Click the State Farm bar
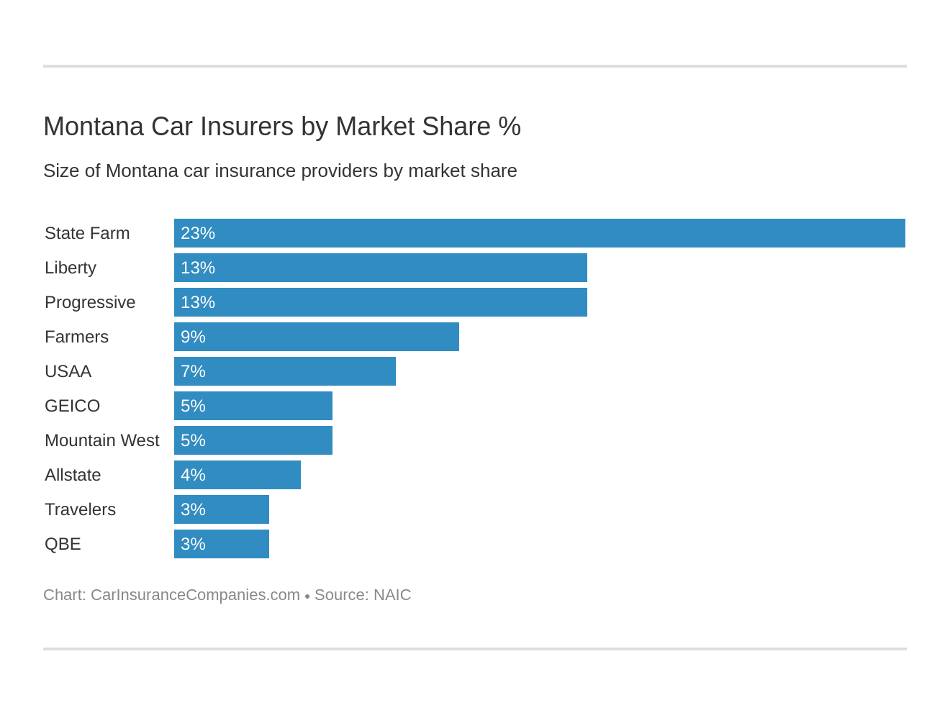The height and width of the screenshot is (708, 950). pyautogui.click(x=540, y=233)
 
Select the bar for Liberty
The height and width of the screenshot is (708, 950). pyautogui.click(x=381, y=268)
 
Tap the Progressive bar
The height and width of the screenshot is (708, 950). pyautogui.click(x=381, y=302)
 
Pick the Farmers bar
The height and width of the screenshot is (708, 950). pyautogui.click(x=317, y=337)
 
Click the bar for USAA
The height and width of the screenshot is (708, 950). pyautogui.click(x=285, y=371)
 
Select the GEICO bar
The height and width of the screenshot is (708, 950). pyautogui.click(x=253, y=406)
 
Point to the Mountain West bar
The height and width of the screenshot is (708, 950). pyautogui.click(x=253, y=440)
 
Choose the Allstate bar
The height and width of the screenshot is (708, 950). pyautogui.click(x=237, y=475)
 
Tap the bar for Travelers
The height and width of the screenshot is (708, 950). pyautogui.click(x=222, y=509)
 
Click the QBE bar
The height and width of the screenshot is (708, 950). pyautogui.click(x=222, y=544)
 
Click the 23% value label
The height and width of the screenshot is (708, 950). pyautogui.click(x=198, y=233)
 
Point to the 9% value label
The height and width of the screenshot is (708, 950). pyautogui.click(x=193, y=337)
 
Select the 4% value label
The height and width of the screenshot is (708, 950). pyautogui.click(x=193, y=475)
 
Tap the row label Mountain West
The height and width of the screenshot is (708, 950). pyautogui.click(x=101, y=440)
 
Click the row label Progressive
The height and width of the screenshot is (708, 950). pyautogui.click(x=90, y=302)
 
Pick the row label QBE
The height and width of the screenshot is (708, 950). pyautogui.click(x=63, y=544)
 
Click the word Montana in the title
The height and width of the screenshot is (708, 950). pyautogui.click(x=94, y=127)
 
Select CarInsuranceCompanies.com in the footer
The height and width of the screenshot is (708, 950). pyautogui.click(x=195, y=595)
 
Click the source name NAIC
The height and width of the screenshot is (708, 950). pyautogui.click(x=392, y=595)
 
